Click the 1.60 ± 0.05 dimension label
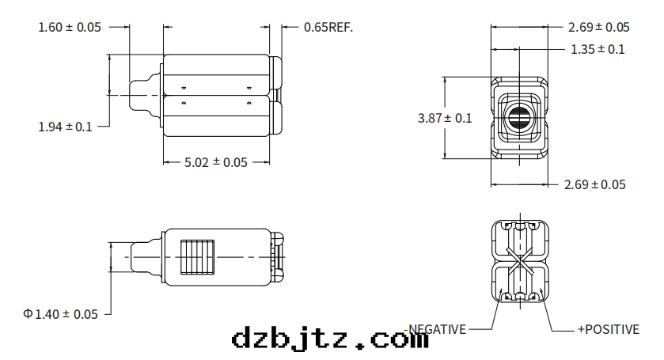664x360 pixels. point(70,27)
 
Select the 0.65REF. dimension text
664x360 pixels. point(328,27)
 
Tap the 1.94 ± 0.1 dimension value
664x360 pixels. point(65,126)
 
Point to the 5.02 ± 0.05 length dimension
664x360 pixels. point(215,162)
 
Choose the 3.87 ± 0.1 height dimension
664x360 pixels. point(444,118)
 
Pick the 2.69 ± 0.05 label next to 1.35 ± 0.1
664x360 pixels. point(598,27)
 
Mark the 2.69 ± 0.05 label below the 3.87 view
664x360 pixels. point(594,184)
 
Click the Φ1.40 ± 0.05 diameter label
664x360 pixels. point(61,314)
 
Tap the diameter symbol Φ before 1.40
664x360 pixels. point(28,314)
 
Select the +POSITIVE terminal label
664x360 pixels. point(608,329)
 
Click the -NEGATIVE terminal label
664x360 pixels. point(437,329)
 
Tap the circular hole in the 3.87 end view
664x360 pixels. point(519,119)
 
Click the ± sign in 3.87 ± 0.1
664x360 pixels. point(448,118)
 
